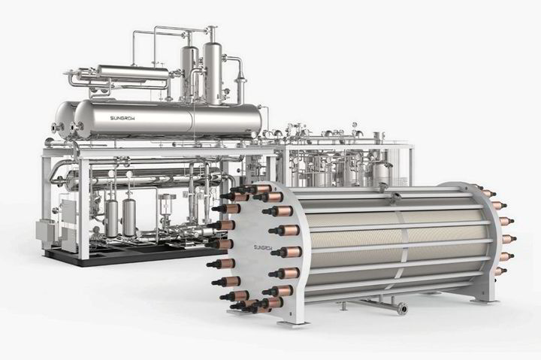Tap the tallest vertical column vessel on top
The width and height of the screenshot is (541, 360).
(212, 71)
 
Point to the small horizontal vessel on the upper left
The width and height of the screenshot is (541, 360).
(132, 72)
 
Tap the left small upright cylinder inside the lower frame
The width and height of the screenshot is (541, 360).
(113, 216)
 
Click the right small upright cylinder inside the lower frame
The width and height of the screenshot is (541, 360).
(129, 216)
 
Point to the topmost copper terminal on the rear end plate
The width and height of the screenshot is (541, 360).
(487, 193)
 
